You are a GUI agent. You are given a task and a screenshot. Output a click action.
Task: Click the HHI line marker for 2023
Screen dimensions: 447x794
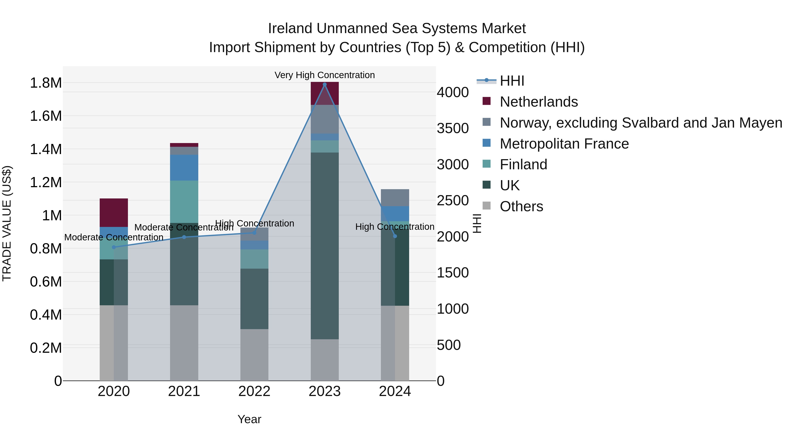point(325,85)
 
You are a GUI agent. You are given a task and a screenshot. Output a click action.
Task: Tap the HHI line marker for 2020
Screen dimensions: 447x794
point(114,247)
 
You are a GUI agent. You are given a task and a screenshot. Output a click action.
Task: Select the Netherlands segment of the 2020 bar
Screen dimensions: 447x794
point(114,213)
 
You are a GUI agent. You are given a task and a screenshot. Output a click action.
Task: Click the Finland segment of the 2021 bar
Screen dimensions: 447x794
point(184,202)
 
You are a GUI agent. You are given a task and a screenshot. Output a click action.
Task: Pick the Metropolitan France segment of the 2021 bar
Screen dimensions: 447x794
point(184,168)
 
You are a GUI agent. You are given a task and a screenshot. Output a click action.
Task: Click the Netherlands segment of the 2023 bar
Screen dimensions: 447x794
point(325,93)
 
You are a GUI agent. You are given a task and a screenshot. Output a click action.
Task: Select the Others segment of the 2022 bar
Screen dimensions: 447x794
point(254,355)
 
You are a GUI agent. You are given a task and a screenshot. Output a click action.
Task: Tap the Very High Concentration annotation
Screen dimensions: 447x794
point(325,75)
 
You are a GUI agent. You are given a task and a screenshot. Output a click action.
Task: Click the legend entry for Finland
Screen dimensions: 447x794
point(523,164)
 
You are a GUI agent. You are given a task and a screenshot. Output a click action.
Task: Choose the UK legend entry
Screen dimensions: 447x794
point(509,185)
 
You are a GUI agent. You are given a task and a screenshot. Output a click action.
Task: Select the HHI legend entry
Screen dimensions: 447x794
point(512,81)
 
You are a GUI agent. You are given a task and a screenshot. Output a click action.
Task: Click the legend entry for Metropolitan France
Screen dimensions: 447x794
point(564,144)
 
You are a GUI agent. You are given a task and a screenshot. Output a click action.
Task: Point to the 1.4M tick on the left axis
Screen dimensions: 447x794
point(46,149)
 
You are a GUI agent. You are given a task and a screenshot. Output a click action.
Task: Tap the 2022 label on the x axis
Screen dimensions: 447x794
point(254,391)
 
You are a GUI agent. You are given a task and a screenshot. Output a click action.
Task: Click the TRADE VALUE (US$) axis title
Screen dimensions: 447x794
point(7,223)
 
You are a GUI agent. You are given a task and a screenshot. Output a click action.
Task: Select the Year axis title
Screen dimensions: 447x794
point(249,419)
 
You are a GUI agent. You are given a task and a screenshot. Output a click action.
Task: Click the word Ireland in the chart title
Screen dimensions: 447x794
point(290,28)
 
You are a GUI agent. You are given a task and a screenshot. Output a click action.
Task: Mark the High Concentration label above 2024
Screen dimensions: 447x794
point(395,227)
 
